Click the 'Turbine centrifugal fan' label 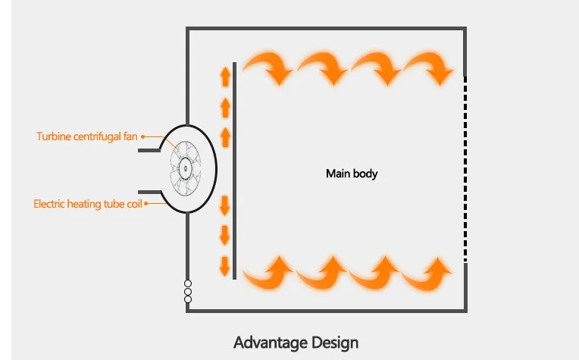point(88,136)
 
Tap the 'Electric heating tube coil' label point(88,204)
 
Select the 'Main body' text point(352,174)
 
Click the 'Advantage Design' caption point(296,342)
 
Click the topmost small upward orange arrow point(225,76)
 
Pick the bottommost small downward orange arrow point(225,265)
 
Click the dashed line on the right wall point(465,167)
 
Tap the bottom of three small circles point(188,299)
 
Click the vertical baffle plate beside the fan point(236,171)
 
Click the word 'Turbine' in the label point(52,136)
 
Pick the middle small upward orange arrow point(225,107)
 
